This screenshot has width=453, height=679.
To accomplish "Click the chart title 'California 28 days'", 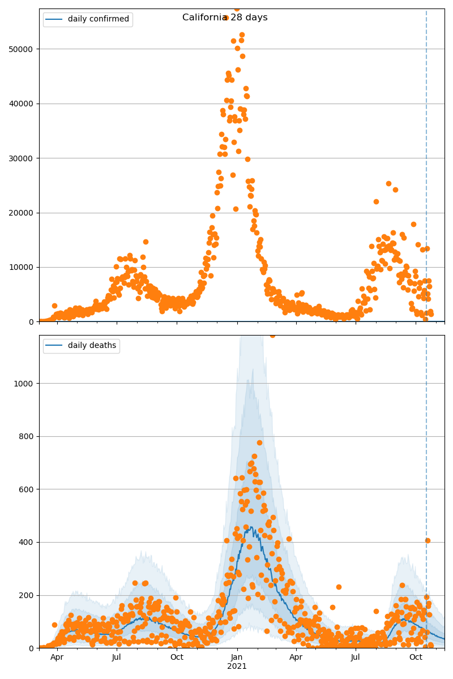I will coord(225,18).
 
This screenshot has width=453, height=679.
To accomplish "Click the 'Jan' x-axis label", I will coord(237,657).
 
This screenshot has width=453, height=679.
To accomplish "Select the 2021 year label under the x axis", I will coord(237,667).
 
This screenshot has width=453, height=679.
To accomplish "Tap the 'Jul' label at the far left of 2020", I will coord(117,657).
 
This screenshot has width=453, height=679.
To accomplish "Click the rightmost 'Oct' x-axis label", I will coord(416,657).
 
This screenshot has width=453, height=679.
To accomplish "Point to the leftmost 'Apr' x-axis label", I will coord(57,657).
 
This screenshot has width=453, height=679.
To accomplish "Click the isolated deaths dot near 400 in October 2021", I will coord(428,540).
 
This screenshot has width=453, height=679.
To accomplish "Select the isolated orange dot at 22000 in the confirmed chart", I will coord(376,201).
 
